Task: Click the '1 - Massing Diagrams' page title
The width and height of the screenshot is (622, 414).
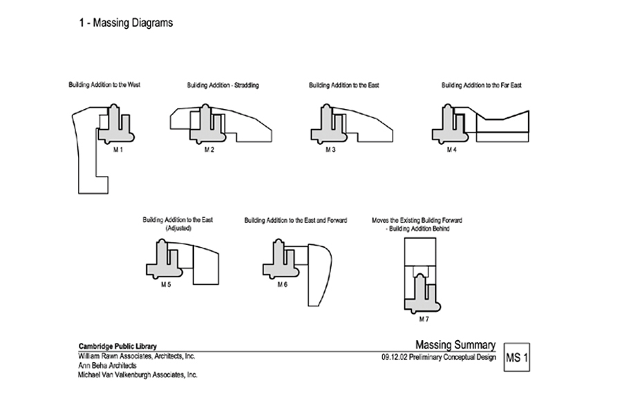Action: pyautogui.click(x=125, y=23)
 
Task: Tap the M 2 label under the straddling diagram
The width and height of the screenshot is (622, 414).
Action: pyautogui.click(x=208, y=149)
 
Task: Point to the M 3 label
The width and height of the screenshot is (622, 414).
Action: pyautogui.click(x=330, y=149)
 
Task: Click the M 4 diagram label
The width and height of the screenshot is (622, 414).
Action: pyautogui.click(x=451, y=149)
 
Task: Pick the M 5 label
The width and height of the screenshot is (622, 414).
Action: pyautogui.click(x=166, y=284)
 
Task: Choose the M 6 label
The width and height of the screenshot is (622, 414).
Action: pyautogui.click(x=283, y=284)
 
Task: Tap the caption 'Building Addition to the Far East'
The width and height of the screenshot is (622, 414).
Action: pyautogui.click(x=482, y=86)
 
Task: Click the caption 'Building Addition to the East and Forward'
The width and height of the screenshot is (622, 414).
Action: pyautogui.click(x=295, y=220)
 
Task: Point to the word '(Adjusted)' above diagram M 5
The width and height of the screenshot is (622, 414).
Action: pyautogui.click(x=178, y=228)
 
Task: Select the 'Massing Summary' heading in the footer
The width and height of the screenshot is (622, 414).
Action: pyautogui.click(x=455, y=345)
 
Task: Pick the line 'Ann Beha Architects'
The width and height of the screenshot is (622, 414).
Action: pyautogui.click(x=107, y=366)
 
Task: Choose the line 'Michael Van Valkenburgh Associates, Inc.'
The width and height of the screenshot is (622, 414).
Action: pyautogui.click(x=137, y=375)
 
